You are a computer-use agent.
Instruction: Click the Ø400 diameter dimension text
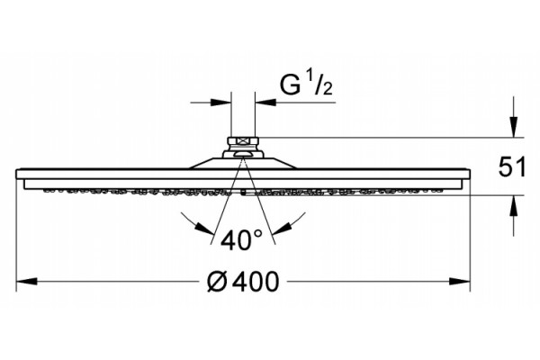(x=242, y=282)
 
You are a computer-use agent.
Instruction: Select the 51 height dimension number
(x=512, y=166)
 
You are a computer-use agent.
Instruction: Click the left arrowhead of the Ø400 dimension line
(x=26, y=282)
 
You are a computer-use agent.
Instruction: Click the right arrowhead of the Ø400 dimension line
(x=460, y=282)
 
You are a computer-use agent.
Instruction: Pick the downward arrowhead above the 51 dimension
(x=514, y=127)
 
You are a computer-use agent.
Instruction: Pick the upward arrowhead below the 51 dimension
(x=514, y=206)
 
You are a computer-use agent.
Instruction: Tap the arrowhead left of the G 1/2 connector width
(x=220, y=103)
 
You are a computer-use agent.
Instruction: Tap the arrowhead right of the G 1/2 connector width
(x=265, y=103)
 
